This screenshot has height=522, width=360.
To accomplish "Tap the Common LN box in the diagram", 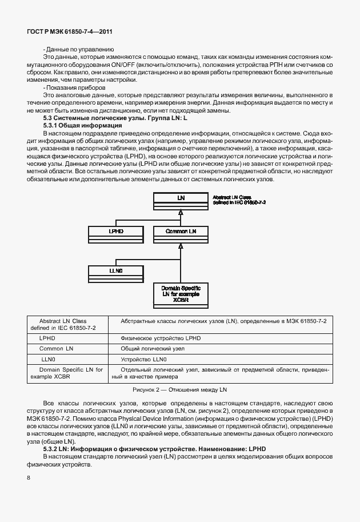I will click(180, 232).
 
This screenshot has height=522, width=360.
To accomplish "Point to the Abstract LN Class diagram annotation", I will click(239, 200).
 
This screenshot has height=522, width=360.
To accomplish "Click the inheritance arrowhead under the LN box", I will click(180, 212).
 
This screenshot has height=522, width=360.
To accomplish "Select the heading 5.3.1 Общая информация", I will click(82, 125).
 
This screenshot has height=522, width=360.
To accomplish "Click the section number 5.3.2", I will click(53, 449).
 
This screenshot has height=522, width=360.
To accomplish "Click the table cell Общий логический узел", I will click(153, 348).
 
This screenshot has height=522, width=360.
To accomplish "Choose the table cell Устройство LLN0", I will click(143, 359).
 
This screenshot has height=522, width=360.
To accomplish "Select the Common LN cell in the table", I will click(56, 348).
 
